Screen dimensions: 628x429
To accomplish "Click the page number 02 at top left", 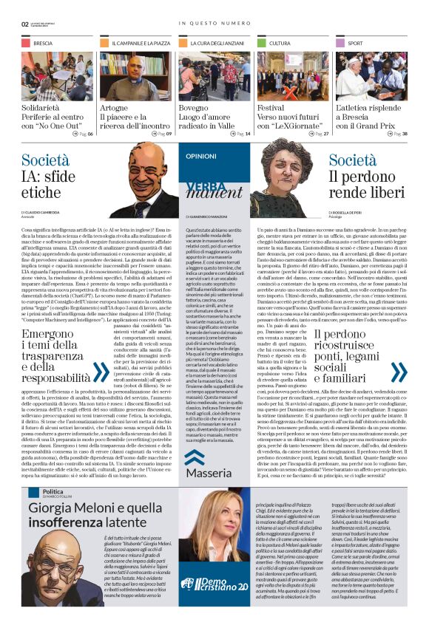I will click(25, 23).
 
